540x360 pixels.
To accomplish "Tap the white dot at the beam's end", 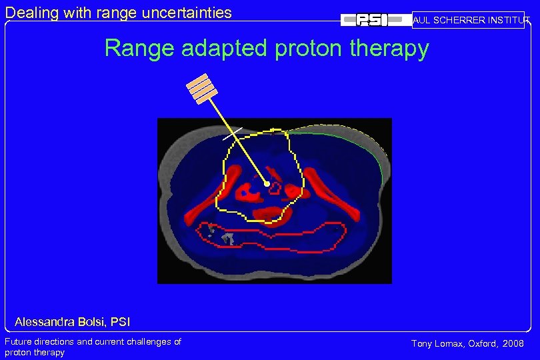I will [266, 183].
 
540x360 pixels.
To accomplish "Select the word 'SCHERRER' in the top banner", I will [458, 21].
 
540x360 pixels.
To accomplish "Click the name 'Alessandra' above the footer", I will [46, 323].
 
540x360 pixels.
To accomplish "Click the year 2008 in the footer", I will [513, 344].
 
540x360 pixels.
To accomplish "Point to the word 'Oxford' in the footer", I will [482, 344].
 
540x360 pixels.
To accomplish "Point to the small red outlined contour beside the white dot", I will [275, 189].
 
